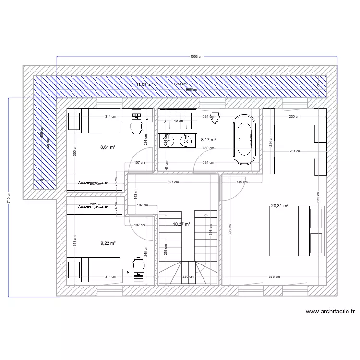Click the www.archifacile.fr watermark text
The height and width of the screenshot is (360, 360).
330,312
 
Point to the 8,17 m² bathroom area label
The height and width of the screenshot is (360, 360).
208,140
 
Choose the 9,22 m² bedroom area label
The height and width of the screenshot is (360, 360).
108,243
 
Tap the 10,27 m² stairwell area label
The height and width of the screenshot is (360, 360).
181,224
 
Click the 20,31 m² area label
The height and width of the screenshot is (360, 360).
279,206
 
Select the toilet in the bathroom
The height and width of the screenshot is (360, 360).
218,117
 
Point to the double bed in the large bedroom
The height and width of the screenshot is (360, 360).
297,231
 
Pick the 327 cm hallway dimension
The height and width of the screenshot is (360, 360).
173,182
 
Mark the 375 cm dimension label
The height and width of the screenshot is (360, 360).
275,276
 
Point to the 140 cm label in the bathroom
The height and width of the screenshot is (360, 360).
178,120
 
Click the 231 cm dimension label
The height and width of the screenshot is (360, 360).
295,151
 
